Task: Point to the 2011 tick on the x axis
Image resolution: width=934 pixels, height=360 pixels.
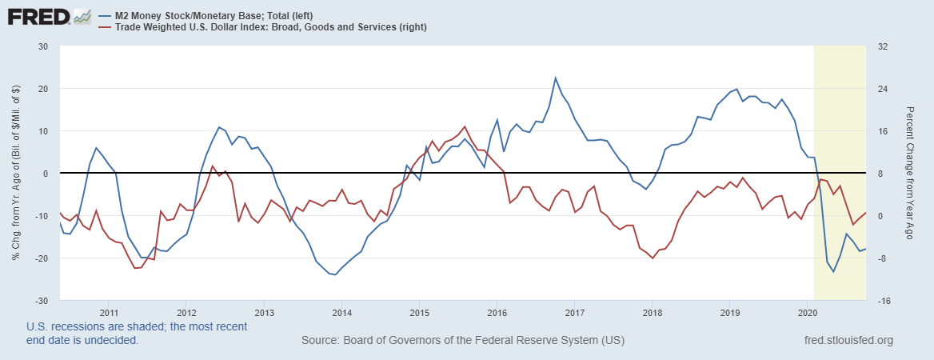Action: (x=109, y=312)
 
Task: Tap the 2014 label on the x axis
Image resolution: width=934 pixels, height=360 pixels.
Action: (x=341, y=312)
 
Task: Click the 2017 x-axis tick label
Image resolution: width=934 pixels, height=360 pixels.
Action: (x=574, y=312)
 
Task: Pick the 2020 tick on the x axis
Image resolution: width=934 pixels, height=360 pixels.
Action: (x=807, y=312)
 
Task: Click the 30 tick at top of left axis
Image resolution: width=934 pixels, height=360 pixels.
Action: (x=43, y=46)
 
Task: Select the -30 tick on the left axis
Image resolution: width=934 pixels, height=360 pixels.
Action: (x=42, y=301)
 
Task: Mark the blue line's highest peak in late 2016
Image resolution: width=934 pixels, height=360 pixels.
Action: (x=556, y=78)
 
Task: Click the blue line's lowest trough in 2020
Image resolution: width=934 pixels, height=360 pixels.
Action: (x=833, y=272)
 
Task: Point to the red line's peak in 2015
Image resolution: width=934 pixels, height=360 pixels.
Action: (x=465, y=126)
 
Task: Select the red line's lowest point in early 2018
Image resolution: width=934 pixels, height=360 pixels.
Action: (x=653, y=258)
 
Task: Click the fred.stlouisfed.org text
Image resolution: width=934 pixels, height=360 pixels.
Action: (x=848, y=341)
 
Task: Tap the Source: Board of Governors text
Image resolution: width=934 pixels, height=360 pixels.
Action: (x=462, y=341)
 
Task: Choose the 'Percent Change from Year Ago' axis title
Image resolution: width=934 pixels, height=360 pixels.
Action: (x=909, y=174)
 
